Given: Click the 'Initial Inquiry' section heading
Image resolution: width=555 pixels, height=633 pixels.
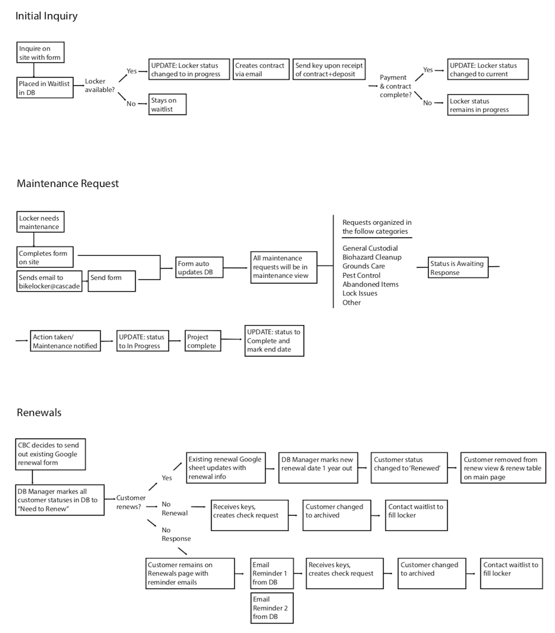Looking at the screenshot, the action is point(46,16).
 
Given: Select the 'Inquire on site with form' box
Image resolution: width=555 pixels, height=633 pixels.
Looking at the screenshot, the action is point(40,52).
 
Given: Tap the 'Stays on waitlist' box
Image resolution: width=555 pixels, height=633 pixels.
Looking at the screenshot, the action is point(168,104).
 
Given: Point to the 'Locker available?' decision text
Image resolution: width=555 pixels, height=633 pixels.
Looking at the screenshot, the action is point(100,85).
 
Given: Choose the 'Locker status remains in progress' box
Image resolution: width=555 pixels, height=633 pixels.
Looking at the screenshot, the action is point(487,105).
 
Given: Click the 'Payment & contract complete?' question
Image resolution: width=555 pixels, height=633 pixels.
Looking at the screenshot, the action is point(395,86).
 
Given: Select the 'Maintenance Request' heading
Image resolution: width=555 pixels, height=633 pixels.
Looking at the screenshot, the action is point(68,184).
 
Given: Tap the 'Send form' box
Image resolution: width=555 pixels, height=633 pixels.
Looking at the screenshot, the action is point(112,281).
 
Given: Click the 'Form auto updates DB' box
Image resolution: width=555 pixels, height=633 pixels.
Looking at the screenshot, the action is point(199,268).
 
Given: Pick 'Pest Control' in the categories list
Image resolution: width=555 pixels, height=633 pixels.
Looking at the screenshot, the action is point(361,275).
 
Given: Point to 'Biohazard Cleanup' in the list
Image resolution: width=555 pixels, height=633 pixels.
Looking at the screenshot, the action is point(372,257).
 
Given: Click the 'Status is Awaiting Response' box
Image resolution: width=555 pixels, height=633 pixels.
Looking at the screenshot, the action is point(458,268).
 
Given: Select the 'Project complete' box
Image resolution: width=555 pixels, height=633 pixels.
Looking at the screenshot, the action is point(203,341).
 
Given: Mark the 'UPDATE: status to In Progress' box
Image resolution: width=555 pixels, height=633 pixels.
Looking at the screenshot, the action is point(142,341).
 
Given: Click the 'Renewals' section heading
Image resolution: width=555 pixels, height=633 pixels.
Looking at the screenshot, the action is point(39,412).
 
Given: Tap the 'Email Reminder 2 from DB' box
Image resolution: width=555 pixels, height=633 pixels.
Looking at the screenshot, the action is point(272,608).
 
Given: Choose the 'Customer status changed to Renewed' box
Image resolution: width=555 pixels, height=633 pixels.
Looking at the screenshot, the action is point(409,467).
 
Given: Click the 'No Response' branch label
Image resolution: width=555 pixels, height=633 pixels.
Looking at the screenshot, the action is point(176,534).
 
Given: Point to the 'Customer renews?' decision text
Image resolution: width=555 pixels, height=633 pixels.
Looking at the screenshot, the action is point(131,502).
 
